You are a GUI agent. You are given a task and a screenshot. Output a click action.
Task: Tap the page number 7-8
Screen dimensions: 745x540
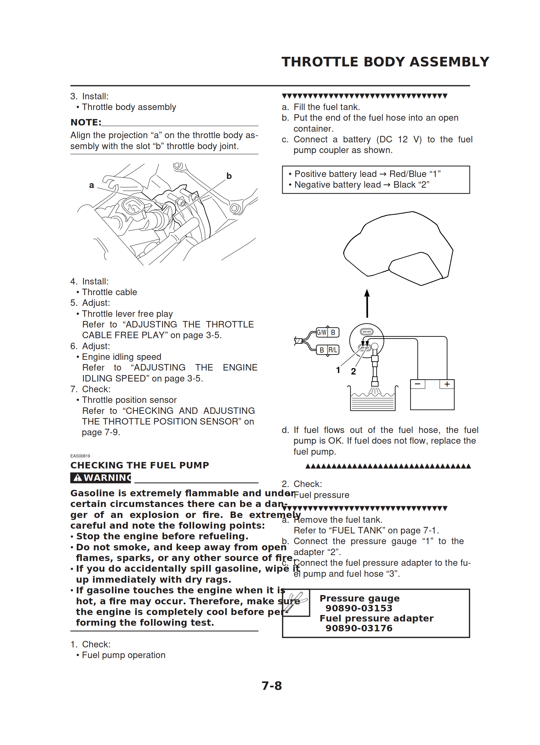[272, 686]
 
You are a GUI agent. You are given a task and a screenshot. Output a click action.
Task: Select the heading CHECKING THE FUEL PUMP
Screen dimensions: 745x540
[139, 465]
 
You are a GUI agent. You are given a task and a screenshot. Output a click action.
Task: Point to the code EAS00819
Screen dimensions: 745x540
[80, 456]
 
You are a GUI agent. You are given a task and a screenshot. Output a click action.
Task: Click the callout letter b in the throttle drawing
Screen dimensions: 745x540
[229, 176]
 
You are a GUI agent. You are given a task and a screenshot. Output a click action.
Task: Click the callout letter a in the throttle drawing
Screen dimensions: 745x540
[91, 185]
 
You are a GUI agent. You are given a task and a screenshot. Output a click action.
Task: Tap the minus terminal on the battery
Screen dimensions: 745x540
[417, 384]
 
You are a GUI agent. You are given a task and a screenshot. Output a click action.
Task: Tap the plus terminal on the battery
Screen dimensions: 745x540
[447, 384]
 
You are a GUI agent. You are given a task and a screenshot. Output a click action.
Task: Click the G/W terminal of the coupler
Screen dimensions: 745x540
[321, 333]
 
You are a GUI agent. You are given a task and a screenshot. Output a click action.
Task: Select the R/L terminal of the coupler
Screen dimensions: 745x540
[333, 350]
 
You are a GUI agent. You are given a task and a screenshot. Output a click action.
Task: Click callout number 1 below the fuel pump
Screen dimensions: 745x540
[338, 370]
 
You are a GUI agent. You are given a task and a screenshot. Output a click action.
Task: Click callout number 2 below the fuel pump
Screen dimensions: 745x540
[353, 371]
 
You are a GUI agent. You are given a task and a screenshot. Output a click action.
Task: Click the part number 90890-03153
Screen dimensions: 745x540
[359, 608]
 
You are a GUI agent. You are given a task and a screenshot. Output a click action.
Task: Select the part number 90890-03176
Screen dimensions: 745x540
[359, 628]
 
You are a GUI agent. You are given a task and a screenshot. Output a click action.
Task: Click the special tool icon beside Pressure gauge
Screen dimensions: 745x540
[296, 602]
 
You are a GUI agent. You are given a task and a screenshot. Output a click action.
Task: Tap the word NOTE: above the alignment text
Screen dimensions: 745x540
[86, 122]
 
